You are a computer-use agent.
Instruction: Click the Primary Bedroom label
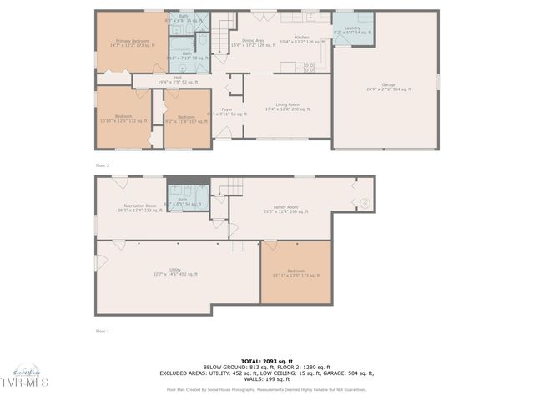click(x=132, y=43)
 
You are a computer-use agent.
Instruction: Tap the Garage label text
click(x=388, y=86)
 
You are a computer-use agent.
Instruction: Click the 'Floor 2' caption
click(x=102, y=166)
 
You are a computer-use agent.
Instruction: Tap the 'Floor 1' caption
click(x=102, y=331)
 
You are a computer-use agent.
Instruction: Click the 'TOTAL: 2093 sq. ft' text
click(x=266, y=360)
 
